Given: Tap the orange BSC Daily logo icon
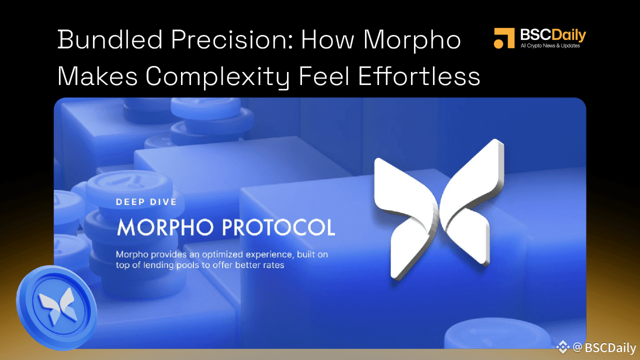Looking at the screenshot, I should coord(504,38).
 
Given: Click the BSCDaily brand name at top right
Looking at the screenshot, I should coord(553,35).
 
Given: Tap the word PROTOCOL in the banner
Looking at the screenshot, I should coord(278,227).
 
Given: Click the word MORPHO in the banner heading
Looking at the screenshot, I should coord(166,227).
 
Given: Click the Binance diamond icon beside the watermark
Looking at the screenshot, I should coord(563,347).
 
